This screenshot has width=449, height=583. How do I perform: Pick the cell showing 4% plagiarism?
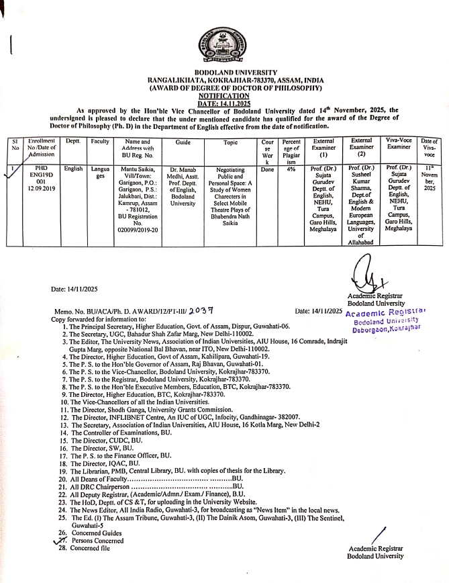click(x=291, y=170)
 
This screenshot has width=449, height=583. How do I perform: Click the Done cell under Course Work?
click(x=267, y=170)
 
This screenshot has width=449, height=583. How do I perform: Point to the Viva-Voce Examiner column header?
click(x=399, y=143)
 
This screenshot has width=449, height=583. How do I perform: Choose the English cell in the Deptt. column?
click(x=72, y=169)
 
